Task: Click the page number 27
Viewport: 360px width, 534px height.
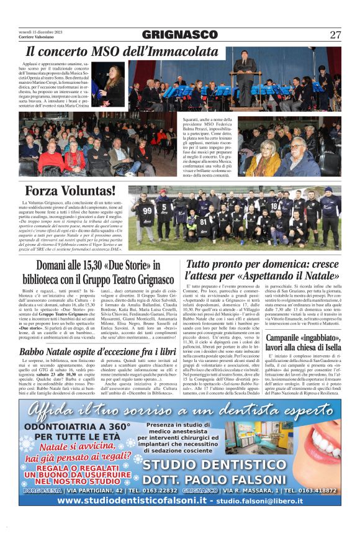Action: tap(335, 35)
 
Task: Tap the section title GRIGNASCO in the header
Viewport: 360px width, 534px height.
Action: tap(179, 35)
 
